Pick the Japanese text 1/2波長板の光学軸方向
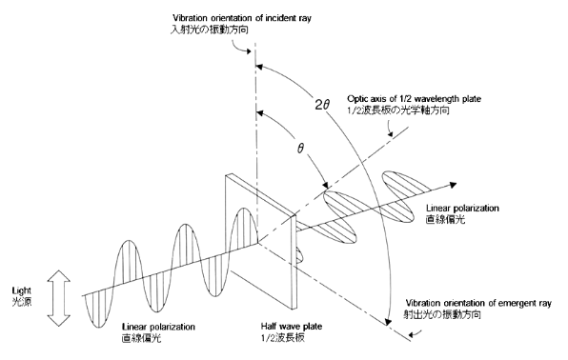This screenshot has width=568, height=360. (x=419, y=111)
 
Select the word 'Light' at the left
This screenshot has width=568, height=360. (x=20, y=288)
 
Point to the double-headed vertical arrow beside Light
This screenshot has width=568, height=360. (x=57, y=295)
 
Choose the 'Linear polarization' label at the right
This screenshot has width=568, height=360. (x=468, y=208)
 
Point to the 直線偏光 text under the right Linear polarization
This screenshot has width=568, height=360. (x=447, y=219)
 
